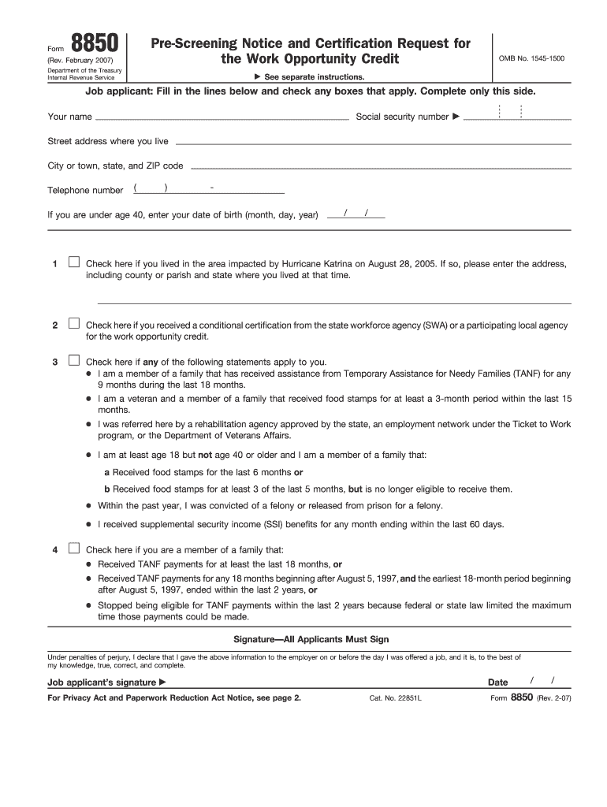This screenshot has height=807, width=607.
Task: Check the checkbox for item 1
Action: (x=73, y=262)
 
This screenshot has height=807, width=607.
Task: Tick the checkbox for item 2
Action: (x=73, y=323)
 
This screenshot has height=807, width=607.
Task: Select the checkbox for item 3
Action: (x=73, y=360)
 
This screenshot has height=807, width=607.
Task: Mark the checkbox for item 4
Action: (x=73, y=548)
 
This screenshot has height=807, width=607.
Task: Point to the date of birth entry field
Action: (x=356, y=214)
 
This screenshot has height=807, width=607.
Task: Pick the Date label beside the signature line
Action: (x=498, y=682)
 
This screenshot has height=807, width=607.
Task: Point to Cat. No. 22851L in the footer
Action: (x=395, y=698)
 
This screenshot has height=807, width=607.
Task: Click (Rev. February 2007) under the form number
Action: (x=85, y=60)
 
